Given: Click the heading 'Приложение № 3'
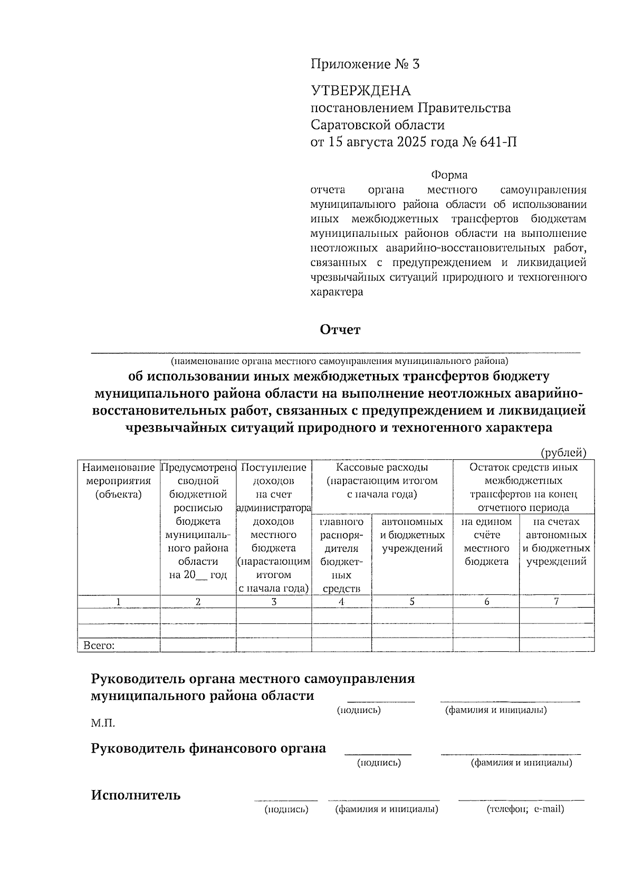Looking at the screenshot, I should click(365, 64).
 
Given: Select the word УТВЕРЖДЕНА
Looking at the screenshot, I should click(360, 91).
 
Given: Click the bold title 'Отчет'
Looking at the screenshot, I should click(340, 330).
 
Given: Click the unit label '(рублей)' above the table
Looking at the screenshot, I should click(563, 453).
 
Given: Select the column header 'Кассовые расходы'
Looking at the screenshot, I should click(382, 467).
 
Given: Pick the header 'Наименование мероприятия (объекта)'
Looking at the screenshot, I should click(119, 480).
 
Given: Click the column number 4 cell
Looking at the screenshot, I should click(342, 602).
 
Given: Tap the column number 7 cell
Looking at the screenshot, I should click(557, 602).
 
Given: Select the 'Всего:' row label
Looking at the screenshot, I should click(99, 646).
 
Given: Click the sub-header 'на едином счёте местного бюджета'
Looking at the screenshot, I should click(486, 542).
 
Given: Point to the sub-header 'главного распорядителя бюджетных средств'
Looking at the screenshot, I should click(342, 555).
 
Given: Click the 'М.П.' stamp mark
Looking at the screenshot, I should click(103, 723).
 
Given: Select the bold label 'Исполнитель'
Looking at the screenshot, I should click(136, 795).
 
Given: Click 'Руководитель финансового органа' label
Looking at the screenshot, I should click(208, 748).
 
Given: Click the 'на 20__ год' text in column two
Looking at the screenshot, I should click(198, 575).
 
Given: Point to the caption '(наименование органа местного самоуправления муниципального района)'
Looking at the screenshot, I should click(339, 362).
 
